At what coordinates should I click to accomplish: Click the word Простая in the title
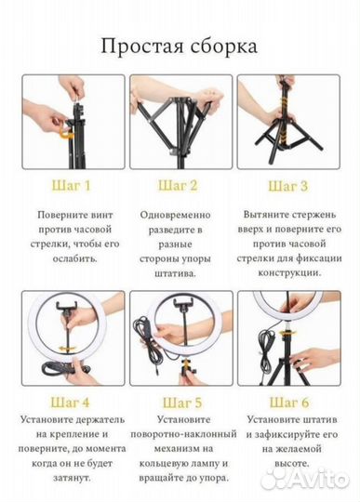tap(142, 46)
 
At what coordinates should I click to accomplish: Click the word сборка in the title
tap(224, 46)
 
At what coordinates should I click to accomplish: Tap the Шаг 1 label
tap(72, 186)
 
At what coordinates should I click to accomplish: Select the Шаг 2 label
tap(178, 186)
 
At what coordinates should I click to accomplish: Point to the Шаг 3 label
tap(287, 186)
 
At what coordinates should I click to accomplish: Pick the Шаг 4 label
tap(70, 403)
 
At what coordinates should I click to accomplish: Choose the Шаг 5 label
tap(182, 403)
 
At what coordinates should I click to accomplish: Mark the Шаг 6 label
tap(289, 403)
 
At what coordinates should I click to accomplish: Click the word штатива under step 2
tap(175, 274)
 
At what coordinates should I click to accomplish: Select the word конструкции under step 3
tap(289, 273)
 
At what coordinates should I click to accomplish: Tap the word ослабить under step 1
tap(75, 258)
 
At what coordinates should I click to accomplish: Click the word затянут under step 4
tap(72, 479)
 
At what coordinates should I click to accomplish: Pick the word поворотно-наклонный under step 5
tap(183, 434)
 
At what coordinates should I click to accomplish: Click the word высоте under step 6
tap(292, 463)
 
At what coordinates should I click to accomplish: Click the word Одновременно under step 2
tap(175, 215)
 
